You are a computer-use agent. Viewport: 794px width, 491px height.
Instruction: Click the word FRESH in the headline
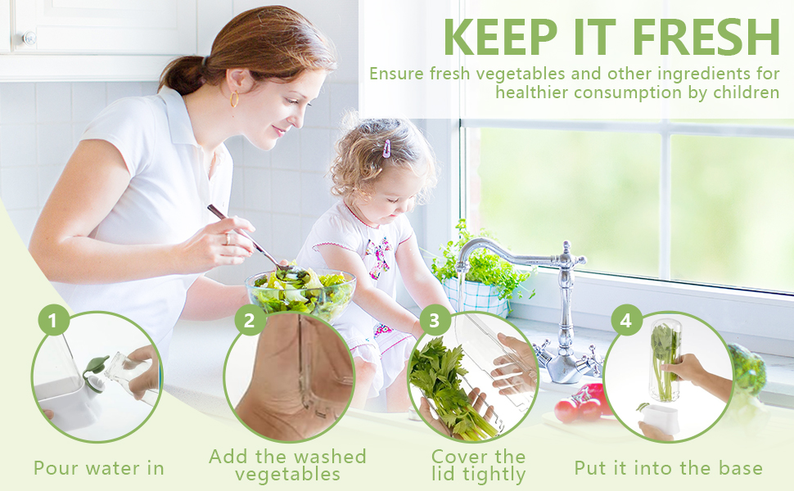(x=706, y=37)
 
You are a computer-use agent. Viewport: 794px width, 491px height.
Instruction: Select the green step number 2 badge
(x=249, y=320)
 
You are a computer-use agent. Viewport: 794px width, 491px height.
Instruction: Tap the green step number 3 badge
(x=435, y=320)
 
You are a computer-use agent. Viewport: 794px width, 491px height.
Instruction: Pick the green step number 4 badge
(x=626, y=321)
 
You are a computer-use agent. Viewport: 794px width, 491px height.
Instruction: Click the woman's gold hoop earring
(x=234, y=99)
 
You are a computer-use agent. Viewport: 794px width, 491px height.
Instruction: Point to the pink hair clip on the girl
(x=387, y=148)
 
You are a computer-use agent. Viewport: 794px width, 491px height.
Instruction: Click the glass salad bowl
(x=300, y=294)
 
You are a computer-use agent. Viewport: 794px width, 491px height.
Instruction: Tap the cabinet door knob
(x=29, y=38)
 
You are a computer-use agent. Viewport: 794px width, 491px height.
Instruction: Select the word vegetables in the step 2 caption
(x=287, y=475)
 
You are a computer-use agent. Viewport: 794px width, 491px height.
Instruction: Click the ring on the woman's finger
(x=228, y=238)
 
